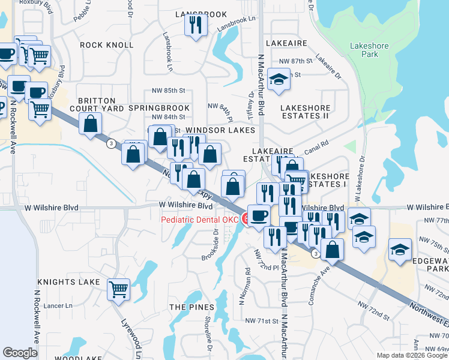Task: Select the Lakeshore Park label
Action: pos(369,50)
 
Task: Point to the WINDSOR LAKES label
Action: pos(220,130)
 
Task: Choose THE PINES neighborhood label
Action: pos(187,307)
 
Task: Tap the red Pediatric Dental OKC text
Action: pos(199,220)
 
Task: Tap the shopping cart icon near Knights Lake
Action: pos(118,289)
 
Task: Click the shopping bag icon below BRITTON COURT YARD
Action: pos(90,124)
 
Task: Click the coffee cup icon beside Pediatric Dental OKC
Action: pos(259,215)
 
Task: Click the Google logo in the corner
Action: pos(20,352)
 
